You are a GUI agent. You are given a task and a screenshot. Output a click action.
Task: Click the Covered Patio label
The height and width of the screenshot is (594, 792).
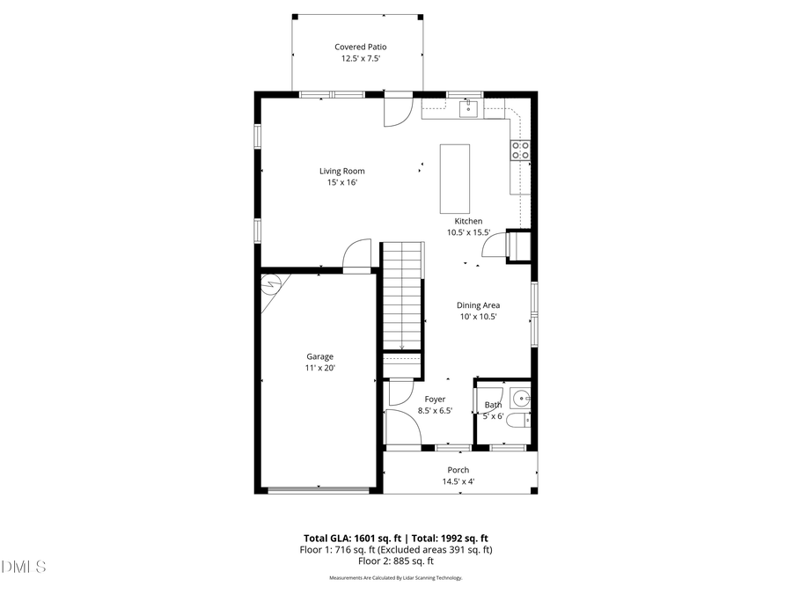pyautogui.click(x=360, y=47)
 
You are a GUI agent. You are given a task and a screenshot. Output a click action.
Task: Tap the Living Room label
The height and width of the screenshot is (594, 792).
pyautogui.click(x=341, y=172)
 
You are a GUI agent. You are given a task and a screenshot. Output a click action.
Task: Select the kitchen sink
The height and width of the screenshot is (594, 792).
pyautogui.click(x=469, y=108)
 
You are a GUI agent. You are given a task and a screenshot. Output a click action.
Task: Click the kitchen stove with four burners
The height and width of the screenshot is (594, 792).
pyautogui.click(x=520, y=150)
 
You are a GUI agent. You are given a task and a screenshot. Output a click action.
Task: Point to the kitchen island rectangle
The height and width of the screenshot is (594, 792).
pyautogui.click(x=455, y=178)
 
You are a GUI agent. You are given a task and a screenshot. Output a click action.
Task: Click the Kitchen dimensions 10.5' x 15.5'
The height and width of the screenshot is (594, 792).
pyautogui.click(x=467, y=232)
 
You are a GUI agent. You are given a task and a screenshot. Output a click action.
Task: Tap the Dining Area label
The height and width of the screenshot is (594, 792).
pyautogui.click(x=478, y=305)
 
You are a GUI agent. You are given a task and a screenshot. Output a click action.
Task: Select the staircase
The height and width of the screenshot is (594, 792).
pyautogui.click(x=402, y=299)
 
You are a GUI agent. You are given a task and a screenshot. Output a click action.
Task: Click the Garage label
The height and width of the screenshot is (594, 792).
pyautogui.click(x=319, y=356)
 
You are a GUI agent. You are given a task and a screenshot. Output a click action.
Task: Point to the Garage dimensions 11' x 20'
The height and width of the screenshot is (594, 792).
pyautogui.click(x=319, y=368)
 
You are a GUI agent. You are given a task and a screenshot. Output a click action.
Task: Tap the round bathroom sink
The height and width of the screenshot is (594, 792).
pyautogui.click(x=519, y=397)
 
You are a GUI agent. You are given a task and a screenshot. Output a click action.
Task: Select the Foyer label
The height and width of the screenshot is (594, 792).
pyautogui.click(x=435, y=399)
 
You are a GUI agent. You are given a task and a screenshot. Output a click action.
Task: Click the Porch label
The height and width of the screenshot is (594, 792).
pyautogui.click(x=458, y=470)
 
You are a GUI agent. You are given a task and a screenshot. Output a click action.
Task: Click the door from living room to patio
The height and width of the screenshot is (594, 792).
pyautogui.click(x=397, y=109)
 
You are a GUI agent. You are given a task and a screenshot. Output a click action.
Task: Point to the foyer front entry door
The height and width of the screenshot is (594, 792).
pyautogui.click(x=401, y=429)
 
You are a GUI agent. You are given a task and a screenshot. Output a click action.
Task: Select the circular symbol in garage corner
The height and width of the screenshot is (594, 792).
pyautogui.click(x=271, y=283)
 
